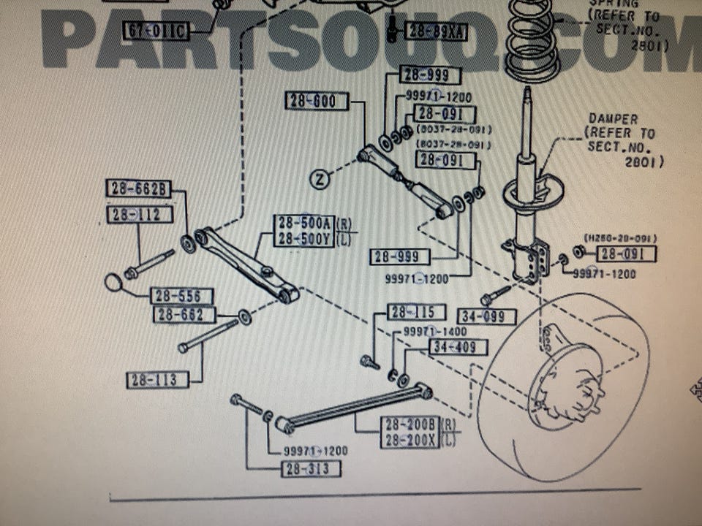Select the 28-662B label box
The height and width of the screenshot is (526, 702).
138,189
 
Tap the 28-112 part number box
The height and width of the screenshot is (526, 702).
140,214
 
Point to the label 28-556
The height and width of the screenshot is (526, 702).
181,296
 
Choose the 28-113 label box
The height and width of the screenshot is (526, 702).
155,380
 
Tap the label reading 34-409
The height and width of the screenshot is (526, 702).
458,346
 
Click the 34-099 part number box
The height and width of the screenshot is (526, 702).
487,317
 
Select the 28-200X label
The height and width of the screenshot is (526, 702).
409,440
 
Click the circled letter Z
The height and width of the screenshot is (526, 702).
320,178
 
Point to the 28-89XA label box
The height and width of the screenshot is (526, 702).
436,31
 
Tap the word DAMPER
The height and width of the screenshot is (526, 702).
613,119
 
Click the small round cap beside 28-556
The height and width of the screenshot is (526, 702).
113,282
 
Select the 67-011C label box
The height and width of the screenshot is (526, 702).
157,30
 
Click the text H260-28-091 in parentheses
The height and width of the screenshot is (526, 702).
620,238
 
